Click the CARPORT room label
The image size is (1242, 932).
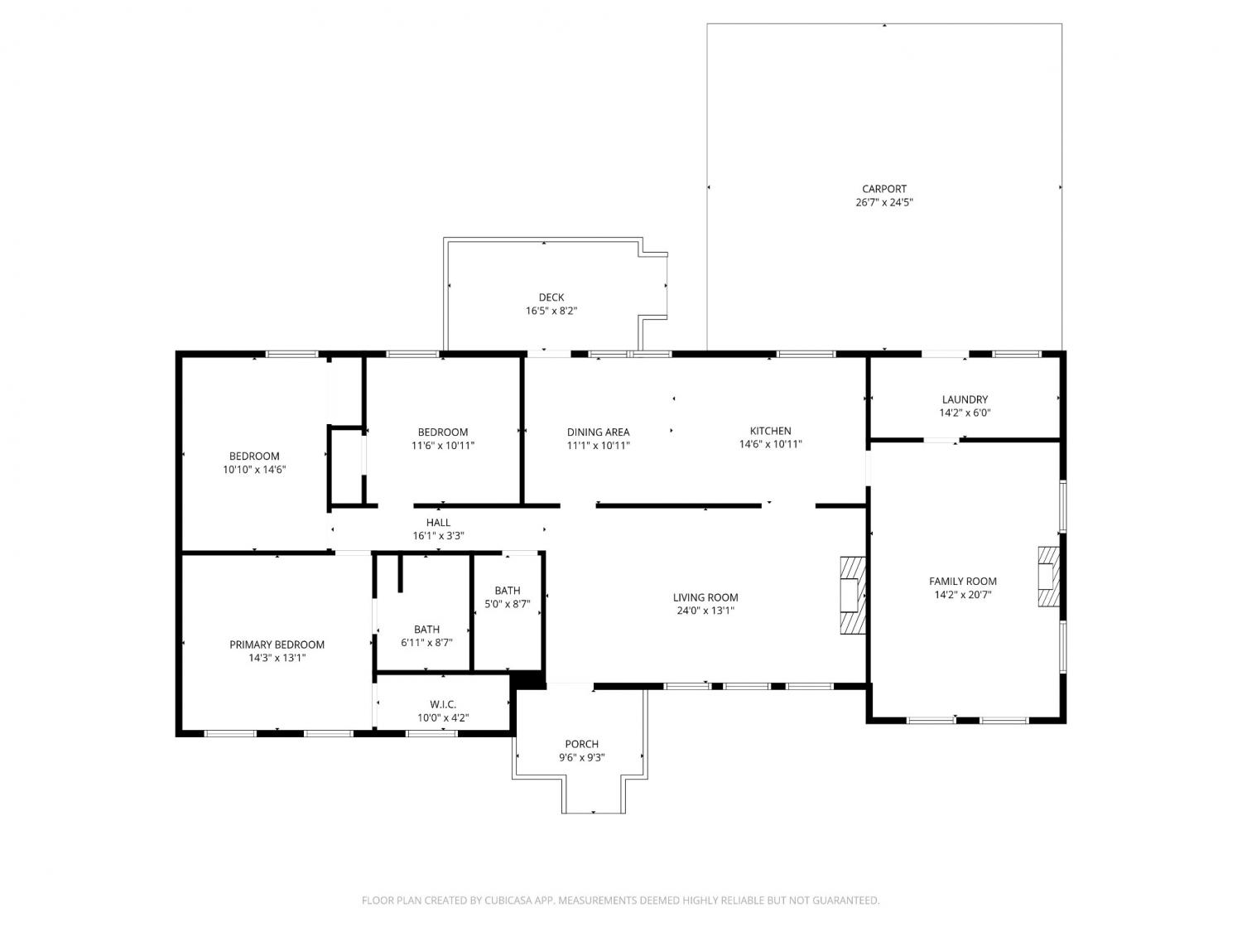[883, 189]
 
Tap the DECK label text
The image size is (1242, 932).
[551, 297]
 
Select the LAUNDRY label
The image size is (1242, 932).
[965, 399]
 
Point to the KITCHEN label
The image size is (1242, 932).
[770, 431]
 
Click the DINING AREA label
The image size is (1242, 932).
[598, 432]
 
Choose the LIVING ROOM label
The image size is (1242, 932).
[705, 597]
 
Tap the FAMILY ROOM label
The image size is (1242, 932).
[962, 582]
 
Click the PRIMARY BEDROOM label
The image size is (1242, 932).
[277, 645]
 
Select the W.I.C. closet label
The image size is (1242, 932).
[442, 704]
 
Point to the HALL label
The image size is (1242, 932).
[438, 522]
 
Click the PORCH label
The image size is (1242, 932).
[582, 744]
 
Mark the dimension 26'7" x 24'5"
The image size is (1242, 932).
[883, 203]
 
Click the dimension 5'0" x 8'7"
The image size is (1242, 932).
[507, 604]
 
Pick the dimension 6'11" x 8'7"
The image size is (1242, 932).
[426, 643]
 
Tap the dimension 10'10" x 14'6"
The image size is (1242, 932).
[254, 470]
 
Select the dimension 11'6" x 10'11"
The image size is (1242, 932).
[442, 446]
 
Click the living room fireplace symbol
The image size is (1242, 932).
[852, 596]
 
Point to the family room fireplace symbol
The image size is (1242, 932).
[1048, 577]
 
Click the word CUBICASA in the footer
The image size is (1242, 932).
[508, 901]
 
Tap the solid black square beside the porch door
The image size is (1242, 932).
[528, 679]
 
